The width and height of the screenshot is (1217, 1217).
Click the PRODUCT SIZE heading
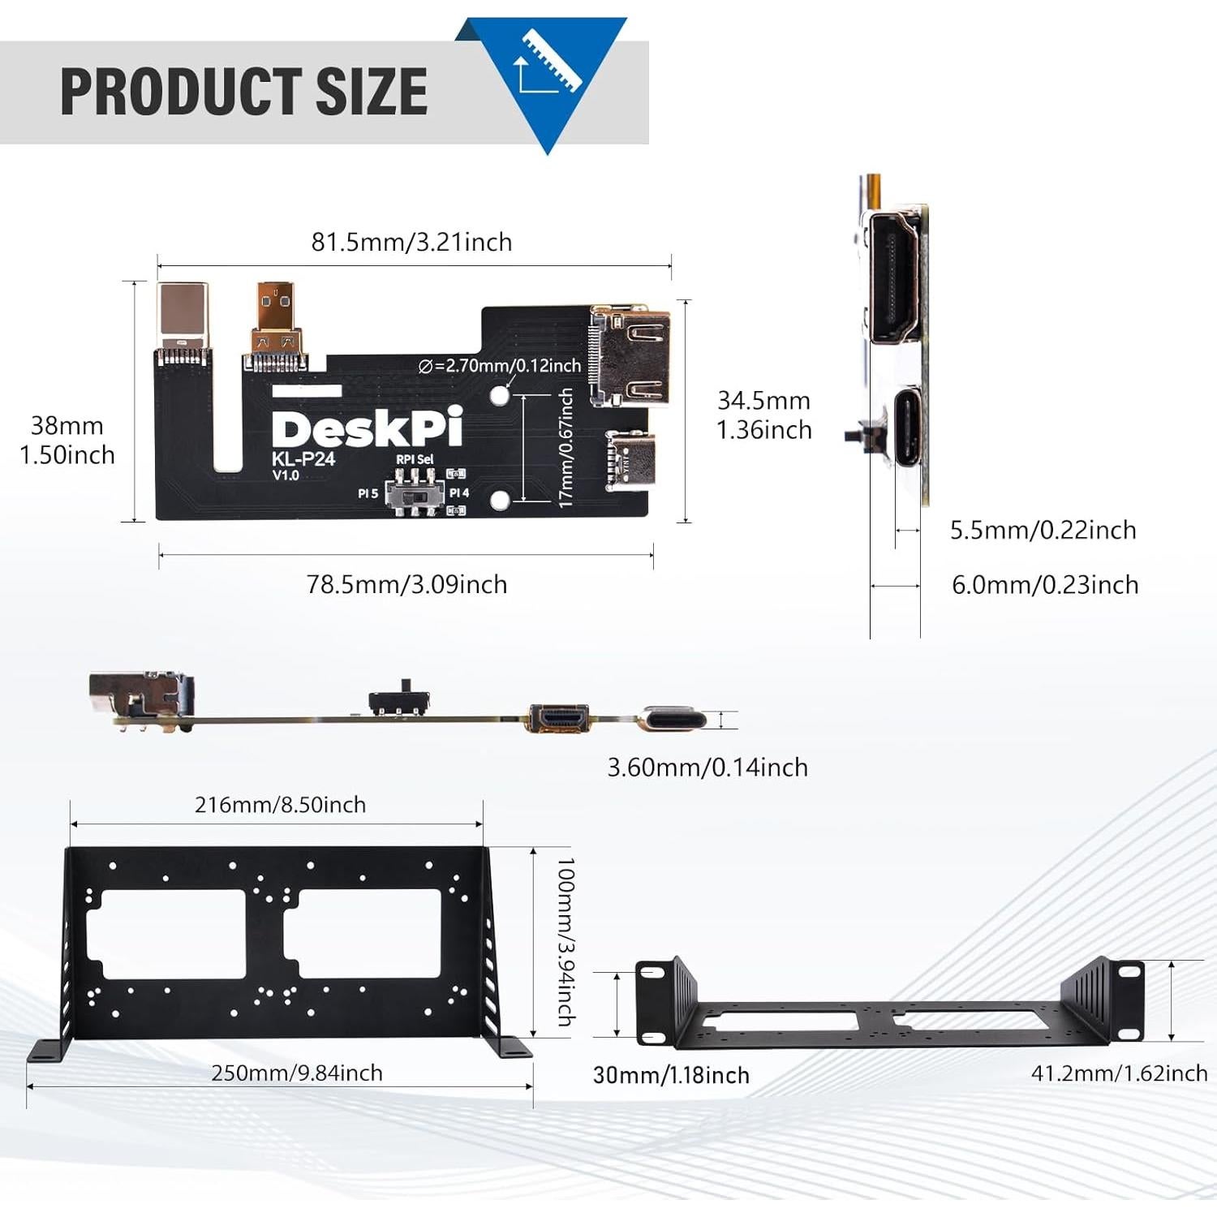coord(243,91)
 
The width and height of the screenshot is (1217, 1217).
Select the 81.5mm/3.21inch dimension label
coord(411,242)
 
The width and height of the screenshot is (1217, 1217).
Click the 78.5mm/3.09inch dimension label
coord(406,584)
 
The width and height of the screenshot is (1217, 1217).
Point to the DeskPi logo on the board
coord(367,428)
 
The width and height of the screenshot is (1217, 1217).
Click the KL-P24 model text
coord(303,459)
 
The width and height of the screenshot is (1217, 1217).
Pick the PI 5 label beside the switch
coord(368,493)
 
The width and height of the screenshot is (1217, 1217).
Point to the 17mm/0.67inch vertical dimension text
coord(566,448)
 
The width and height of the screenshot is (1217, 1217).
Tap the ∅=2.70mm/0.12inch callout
coord(500,366)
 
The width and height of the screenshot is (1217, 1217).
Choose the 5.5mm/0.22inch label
coord(1043,530)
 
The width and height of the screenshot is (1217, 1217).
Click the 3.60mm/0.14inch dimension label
coord(707,767)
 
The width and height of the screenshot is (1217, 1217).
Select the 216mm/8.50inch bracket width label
coord(280,805)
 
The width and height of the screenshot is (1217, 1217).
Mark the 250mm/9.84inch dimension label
coord(297,1073)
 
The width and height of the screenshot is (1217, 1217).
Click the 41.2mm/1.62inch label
coord(1119,1073)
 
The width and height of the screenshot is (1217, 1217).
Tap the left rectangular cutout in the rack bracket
coord(172,934)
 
